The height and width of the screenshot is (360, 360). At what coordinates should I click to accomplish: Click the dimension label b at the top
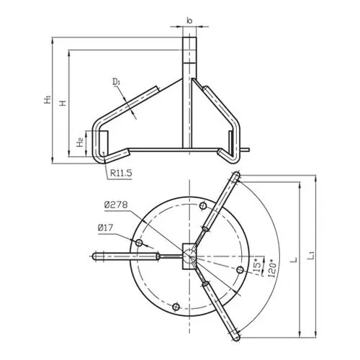[x=189, y=21]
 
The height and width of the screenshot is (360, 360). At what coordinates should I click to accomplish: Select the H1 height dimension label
[x=48, y=99]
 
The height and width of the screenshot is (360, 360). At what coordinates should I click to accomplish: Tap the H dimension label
[x=63, y=103]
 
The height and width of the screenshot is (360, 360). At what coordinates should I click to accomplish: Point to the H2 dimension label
[x=80, y=142]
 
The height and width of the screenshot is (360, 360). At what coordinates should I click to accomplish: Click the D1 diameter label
[x=116, y=81]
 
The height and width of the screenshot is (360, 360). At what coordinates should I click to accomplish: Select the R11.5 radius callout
[x=121, y=173]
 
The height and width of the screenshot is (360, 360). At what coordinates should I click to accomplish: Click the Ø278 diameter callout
[x=116, y=204]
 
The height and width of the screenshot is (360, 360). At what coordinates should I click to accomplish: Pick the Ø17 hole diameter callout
[x=105, y=228]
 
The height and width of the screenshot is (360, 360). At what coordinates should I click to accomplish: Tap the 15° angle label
[x=257, y=266]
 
